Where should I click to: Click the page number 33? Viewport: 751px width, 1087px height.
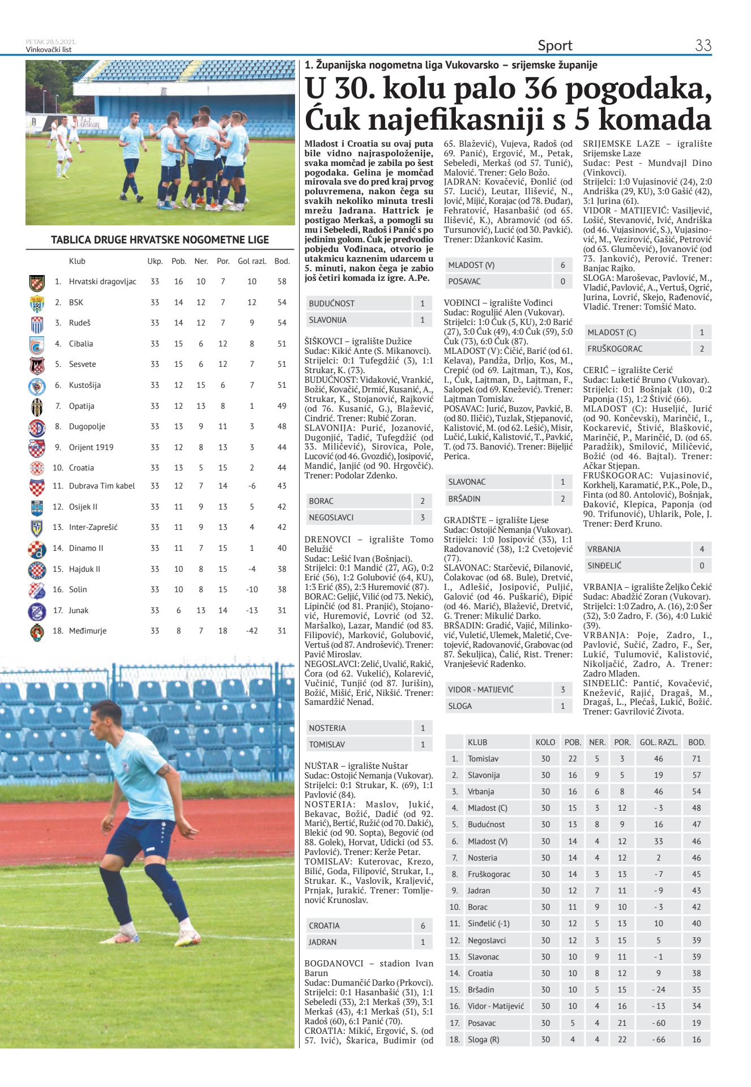[703, 45]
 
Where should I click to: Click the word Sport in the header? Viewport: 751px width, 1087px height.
[555, 45]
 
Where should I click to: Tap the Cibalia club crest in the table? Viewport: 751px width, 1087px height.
[37, 344]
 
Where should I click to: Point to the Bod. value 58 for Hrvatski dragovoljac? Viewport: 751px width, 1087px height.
[282, 281]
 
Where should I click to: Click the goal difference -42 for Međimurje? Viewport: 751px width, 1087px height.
[252, 631]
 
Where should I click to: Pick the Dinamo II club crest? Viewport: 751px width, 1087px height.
[37, 549]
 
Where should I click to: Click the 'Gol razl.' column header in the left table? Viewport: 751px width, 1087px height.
[252, 261]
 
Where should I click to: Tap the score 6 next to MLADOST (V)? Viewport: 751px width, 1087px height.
[562, 265]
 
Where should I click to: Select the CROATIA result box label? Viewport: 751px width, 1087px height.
[325, 926]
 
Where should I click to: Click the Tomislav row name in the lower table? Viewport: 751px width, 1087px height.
[483, 759]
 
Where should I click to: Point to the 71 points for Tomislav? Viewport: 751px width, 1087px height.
[696, 759]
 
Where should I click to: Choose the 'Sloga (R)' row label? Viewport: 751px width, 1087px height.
[483, 1039]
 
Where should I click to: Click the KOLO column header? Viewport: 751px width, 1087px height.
[545, 742]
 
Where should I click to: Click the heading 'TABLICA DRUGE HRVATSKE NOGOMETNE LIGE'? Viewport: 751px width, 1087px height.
[160, 240]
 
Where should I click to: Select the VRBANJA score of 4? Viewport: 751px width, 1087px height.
[702, 549]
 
